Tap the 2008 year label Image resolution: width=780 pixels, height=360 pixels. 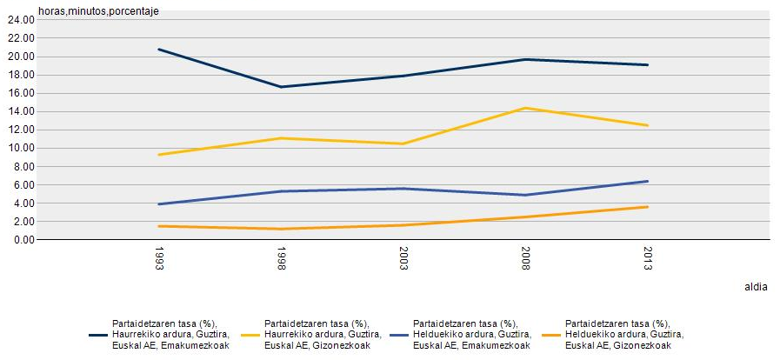525,260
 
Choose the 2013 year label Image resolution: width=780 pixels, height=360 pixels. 647,260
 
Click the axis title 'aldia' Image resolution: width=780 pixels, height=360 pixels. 755,286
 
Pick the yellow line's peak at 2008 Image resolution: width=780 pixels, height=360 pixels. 525,108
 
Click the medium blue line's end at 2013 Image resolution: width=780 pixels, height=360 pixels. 647,181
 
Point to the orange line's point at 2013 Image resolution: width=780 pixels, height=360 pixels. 647,206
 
